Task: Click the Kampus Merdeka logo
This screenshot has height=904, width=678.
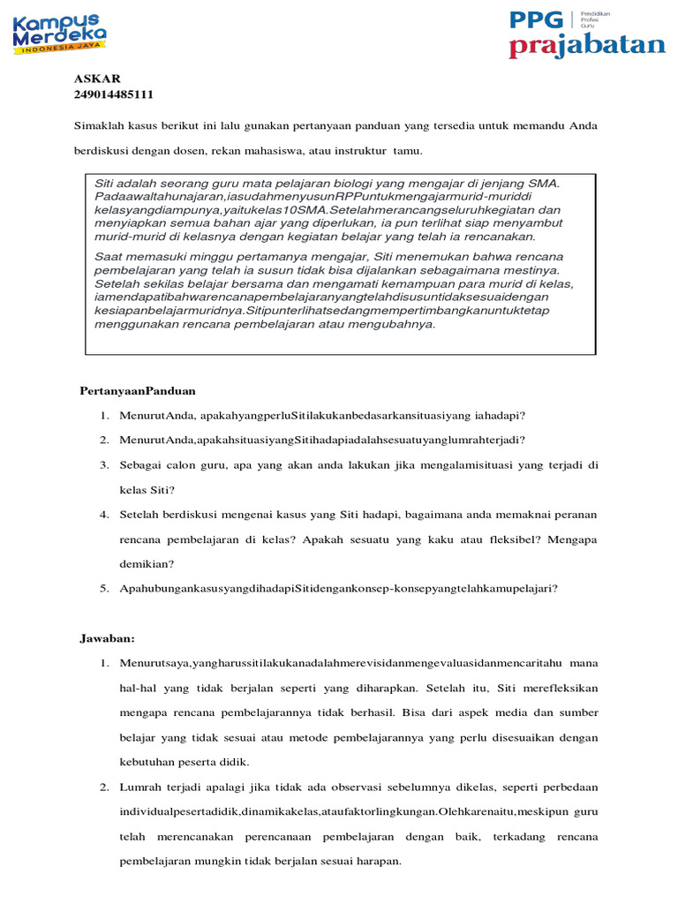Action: click(x=59, y=34)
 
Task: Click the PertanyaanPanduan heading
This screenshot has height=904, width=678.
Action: click(x=138, y=390)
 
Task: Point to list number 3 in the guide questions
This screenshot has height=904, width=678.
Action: click(x=103, y=464)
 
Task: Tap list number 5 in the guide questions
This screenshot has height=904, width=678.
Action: click(x=103, y=587)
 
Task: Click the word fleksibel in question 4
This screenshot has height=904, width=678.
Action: click(x=494, y=538)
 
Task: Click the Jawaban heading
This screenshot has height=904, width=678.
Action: click(x=108, y=637)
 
